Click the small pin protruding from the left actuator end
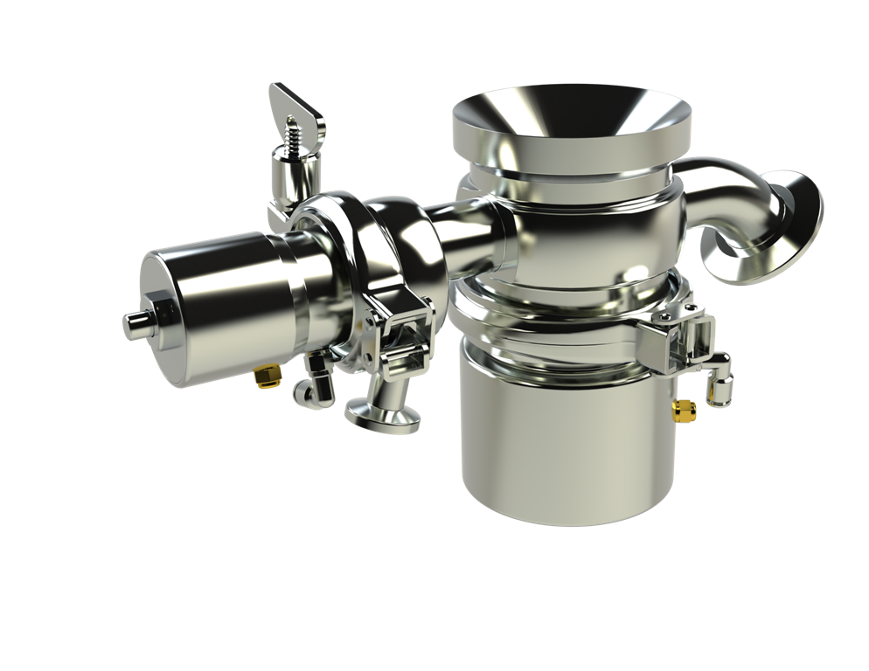pyautogui.click(x=133, y=322)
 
